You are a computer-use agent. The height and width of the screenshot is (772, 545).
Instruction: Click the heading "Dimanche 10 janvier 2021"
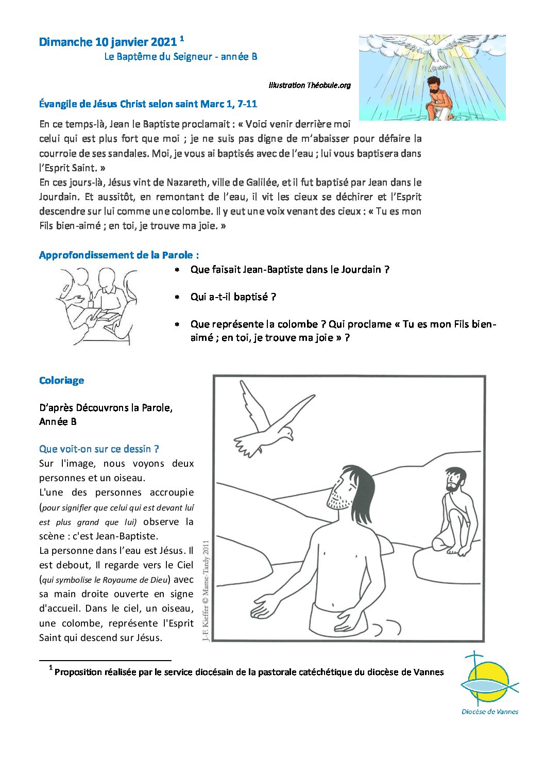tap(108, 42)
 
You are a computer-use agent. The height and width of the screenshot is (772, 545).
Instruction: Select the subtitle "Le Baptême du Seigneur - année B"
tap(180, 57)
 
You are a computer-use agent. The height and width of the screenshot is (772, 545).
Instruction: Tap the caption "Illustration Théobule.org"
tap(310, 85)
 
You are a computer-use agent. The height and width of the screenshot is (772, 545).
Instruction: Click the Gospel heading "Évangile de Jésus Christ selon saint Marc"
tap(148, 104)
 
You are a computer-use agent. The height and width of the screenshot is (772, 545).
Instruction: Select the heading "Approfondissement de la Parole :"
tap(119, 255)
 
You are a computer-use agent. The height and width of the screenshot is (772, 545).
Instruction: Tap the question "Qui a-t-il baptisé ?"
tap(233, 297)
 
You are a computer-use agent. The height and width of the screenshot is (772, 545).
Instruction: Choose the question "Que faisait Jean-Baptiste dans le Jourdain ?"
tap(289, 270)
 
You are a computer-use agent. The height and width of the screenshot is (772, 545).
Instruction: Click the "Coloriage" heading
tap(61, 381)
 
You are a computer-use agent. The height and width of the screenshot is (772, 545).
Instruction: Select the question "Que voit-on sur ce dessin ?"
tap(99, 449)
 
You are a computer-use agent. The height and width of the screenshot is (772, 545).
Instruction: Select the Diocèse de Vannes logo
tap(489, 684)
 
